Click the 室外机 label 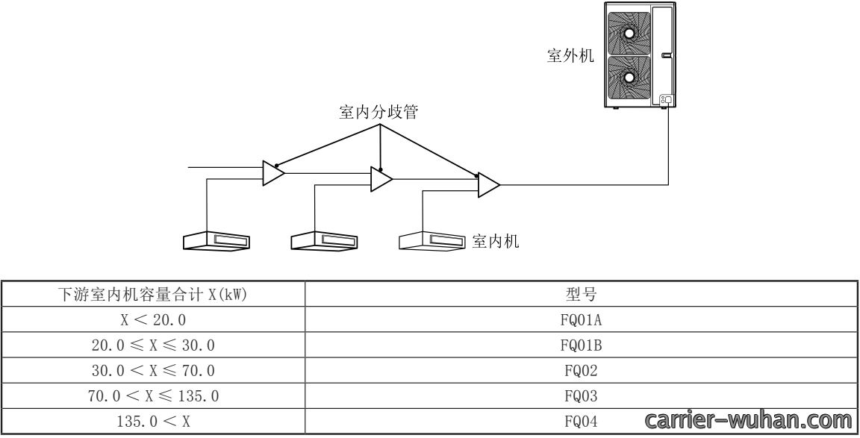570,55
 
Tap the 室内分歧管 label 378,112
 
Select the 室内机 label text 495,241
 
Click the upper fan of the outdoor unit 629,33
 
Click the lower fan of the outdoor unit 629,77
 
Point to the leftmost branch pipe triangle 273,172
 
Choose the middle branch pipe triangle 381,179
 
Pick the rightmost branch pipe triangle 489,185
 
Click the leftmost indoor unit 216,241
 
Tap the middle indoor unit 324,241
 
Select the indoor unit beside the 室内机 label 432,241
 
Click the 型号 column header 581,295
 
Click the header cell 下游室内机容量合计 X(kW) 152,295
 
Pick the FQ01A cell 581,319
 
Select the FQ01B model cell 581,345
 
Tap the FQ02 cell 581,371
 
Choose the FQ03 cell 581,395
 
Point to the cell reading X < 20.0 153,319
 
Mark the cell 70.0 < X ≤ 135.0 153,395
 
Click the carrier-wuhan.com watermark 748,420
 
